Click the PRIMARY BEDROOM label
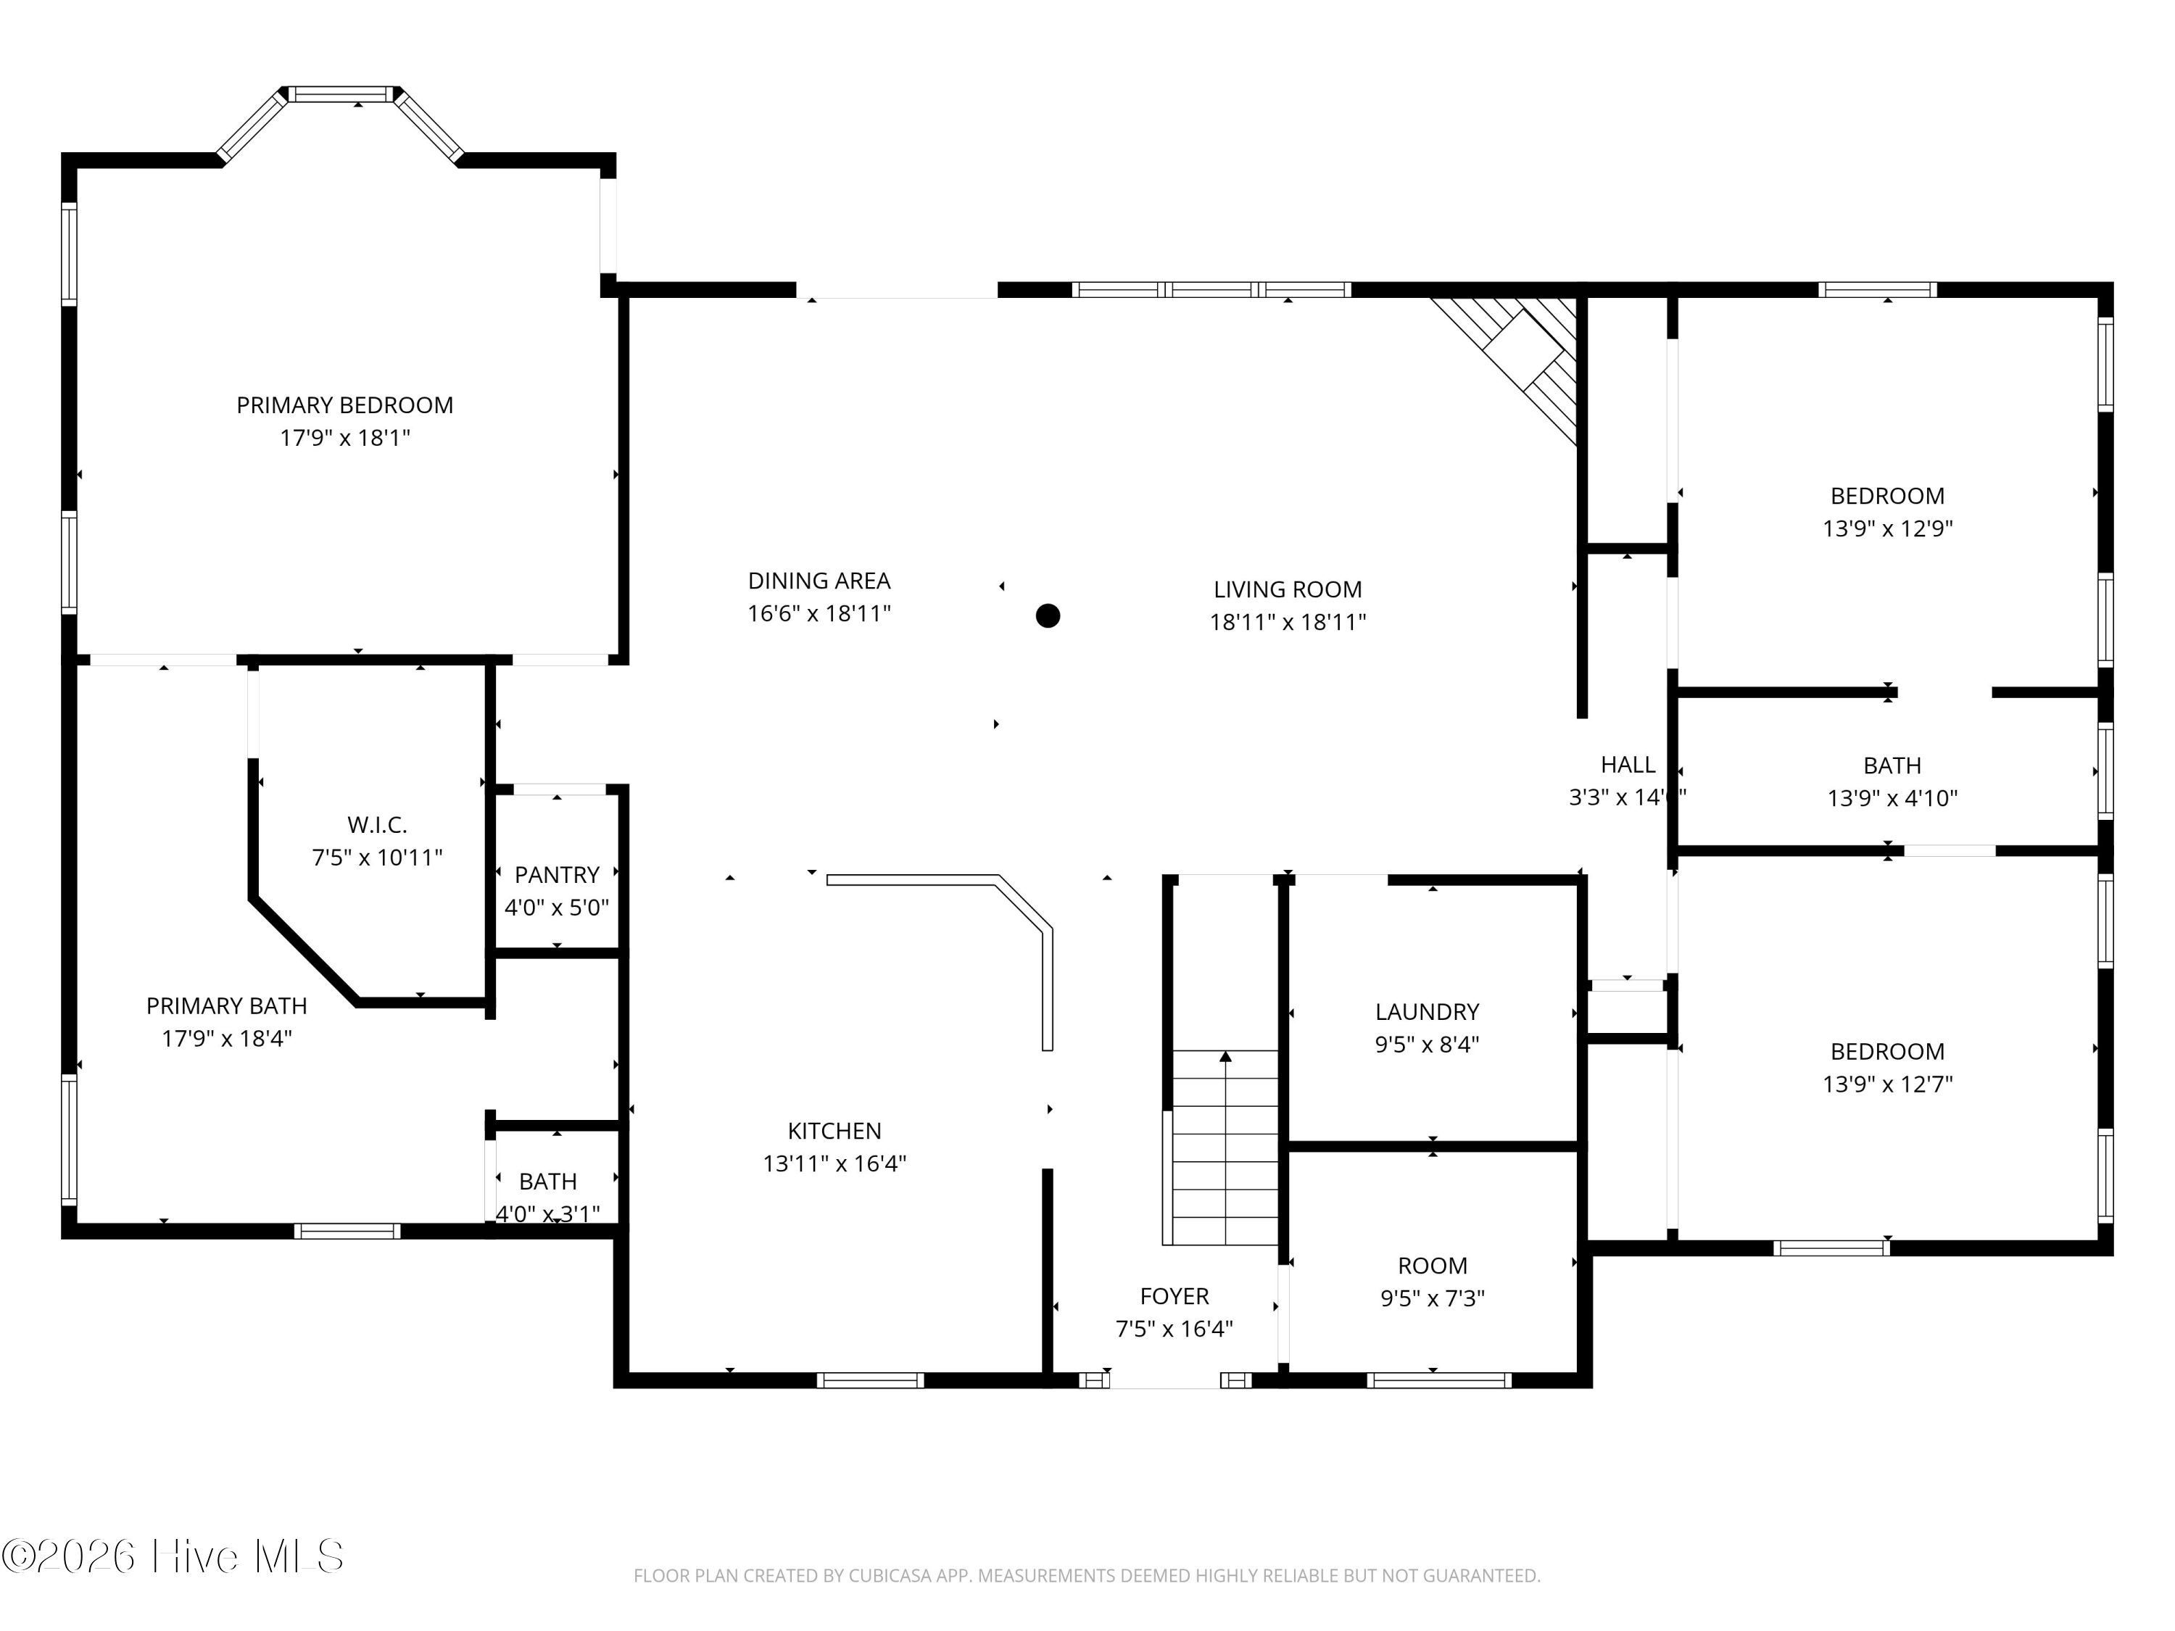pyautogui.click(x=344, y=405)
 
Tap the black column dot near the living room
pyautogui.click(x=1048, y=615)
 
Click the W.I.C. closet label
pyautogui.click(x=376, y=825)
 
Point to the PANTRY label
pyautogui.click(x=557, y=875)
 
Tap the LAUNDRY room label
pyautogui.click(x=1427, y=1012)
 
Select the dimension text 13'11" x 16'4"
pyautogui.click(x=834, y=1163)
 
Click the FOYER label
pyautogui.click(x=1174, y=1296)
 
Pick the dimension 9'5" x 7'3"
pyautogui.click(x=1433, y=1298)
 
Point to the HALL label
pyautogui.click(x=1628, y=764)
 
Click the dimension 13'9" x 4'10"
pyautogui.click(x=1892, y=797)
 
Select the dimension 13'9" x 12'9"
pyautogui.click(x=1887, y=528)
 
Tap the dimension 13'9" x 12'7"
pyautogui.click(x=1887, y=1084)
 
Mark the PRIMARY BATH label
pyautogui.click(x=226, y=1005)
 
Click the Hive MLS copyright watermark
pyautogui.click(x=173, y=1556)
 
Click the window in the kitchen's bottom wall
pyautogui.click(x=870, y=1380)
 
